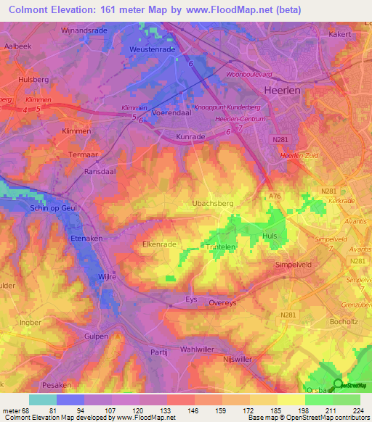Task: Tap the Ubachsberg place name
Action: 213,204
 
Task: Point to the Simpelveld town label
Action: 294,265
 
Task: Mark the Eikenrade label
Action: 159,245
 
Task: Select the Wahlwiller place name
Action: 199,348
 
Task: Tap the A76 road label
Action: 275,195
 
